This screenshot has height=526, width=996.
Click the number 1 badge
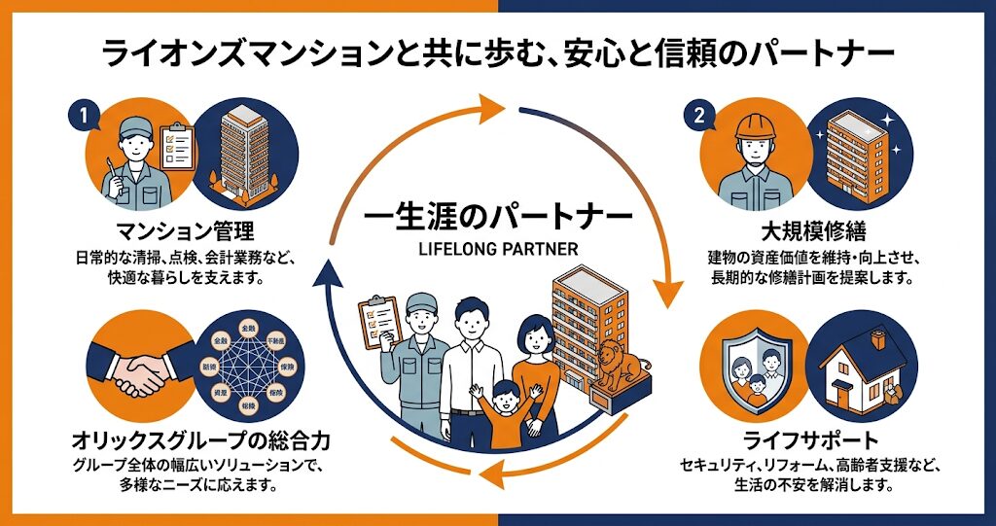point(85,115)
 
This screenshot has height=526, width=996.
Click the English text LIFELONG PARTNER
point(497,249)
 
